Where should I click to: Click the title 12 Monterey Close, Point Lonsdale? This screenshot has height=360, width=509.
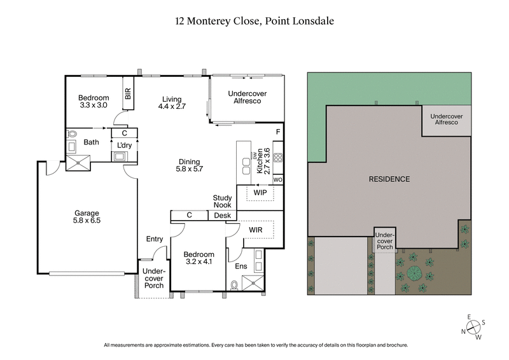tap(254, 21)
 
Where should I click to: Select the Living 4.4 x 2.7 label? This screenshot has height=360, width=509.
tap(172, 103)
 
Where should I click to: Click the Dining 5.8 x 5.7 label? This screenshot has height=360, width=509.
tap(189, 165)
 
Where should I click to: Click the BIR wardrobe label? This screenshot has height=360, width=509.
tap(128, 94)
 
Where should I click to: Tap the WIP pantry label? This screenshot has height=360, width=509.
tap(260, 191)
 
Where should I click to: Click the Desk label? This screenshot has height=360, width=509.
tap(222, 216)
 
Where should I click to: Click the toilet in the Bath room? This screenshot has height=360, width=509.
tap(72, 134)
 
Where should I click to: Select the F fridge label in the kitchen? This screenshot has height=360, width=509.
tap(277, 132)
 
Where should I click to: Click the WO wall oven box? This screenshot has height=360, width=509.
tap(277, 180)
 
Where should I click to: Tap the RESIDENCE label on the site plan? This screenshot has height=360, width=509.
tap(389, 179)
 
